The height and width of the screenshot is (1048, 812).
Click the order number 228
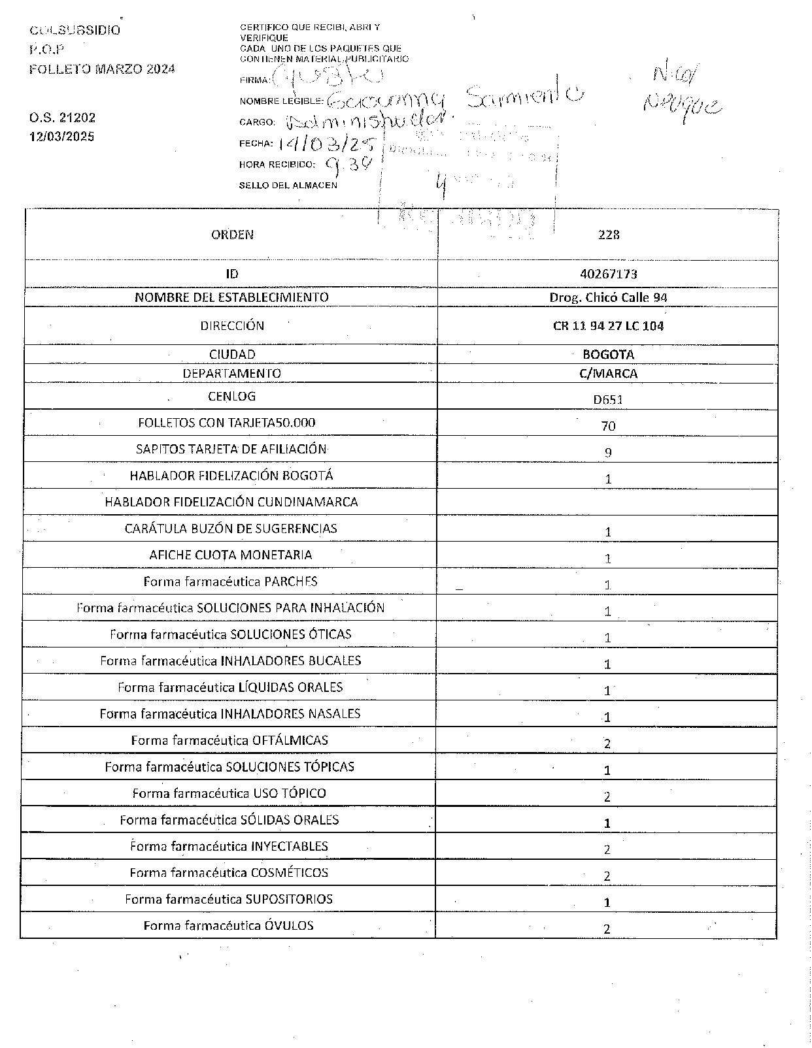click(608, 235)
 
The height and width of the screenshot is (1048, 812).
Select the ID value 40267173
click(608, 274)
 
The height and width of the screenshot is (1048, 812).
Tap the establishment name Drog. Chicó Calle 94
click(608, 297)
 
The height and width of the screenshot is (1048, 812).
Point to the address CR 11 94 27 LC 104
click(608, 326)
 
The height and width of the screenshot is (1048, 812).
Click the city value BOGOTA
click(608, 355)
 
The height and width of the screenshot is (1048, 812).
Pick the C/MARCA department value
click(608, 374)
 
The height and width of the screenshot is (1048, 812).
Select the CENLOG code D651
click(608, 399)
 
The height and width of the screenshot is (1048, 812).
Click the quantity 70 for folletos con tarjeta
click(608, 426)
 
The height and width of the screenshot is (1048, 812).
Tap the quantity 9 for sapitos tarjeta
click(608, 452)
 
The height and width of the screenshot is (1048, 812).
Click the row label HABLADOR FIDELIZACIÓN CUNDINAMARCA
click(231, 502)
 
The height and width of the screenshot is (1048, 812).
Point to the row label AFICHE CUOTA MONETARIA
click(231, 555)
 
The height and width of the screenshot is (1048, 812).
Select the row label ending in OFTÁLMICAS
click(229, 740)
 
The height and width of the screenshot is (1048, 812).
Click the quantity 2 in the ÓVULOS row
click(607, 929)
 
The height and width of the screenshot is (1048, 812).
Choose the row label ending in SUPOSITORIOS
click(229, 899)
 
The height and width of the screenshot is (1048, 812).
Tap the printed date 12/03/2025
click(62, 137)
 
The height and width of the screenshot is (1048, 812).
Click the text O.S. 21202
click(62, 118)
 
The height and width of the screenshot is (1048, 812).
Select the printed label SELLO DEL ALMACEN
click(288, 186)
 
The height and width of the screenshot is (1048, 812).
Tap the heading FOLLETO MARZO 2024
click(102, 69)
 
